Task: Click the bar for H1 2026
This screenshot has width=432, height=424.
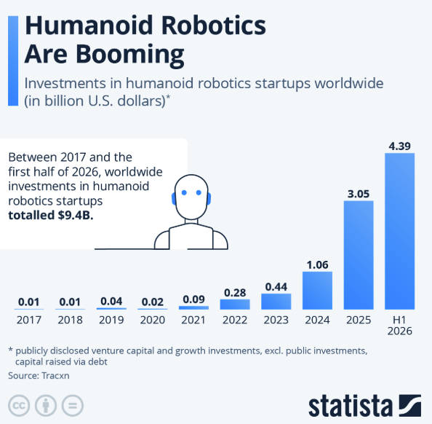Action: pyautogui.click(x=399, y=232)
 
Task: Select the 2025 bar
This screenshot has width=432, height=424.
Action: pyautogui.click(x=359, y=255)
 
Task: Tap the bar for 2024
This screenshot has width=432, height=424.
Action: pyautogui.click(x=317, y=291)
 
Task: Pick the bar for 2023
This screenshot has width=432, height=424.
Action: pyautogui.click(x=276, y=302)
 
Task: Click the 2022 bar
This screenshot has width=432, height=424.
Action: pyautogui.click(x=235, y=305)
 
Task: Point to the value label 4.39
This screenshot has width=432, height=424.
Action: pyautogui.click(x=400, y=146)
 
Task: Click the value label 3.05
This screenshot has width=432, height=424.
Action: pyautogui.click(x=359, y=194)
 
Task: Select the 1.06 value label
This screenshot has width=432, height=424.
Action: pyautogui.click(x=317, y=264)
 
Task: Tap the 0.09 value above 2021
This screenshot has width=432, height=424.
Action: pyautogui.click(x=193, y=299)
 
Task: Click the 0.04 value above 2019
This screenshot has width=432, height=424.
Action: pyautogui.click(x=111, y=301)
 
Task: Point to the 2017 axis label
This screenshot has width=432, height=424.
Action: pyautogui.click(x=29, y=320)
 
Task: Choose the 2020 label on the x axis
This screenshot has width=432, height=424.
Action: pyautogui.click(x=153, y=320)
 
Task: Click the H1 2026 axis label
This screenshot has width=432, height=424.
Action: pyautogui.click(x=400, y=325)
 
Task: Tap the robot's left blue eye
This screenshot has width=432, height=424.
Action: pyautogui.click(x=184, y=192)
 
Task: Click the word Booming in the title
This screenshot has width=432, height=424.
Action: pyautogui.click(x=129, y=55)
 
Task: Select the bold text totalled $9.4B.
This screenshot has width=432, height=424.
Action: pyautogui.click(x=51, y=216)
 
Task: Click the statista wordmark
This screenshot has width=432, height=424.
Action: pyautogui.click(x=351, y=406)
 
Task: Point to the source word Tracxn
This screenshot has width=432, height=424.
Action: pyautogui.click(x=55, y=375)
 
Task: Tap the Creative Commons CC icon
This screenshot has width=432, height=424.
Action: pyautogui.click(x=19, y=406)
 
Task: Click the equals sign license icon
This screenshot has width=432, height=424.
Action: pyautogui.click(x=73, y=406)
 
